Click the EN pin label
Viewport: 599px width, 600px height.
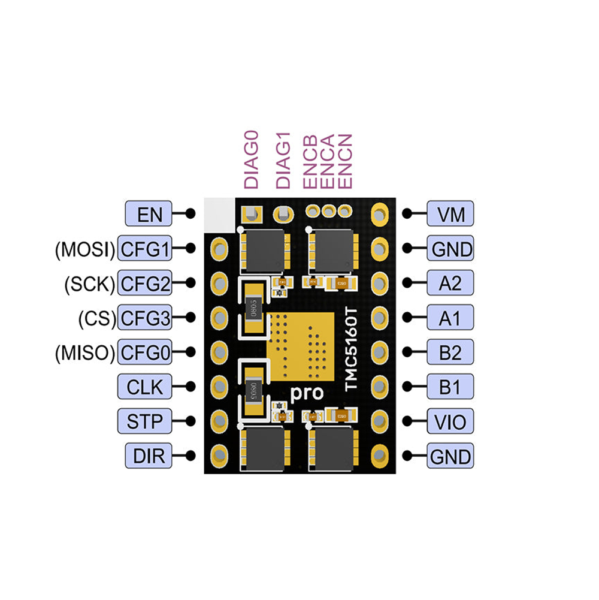(x=149, y=213)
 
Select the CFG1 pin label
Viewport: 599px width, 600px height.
(x=145, y=248)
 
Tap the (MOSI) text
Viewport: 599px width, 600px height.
(x=84, y=248)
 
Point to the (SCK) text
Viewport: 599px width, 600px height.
(x=89, y=283)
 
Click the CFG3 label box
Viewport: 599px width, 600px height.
(x=145, y=318)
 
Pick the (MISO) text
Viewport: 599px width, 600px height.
(x=84, y=352)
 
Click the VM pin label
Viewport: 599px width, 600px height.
(x=450, y=213)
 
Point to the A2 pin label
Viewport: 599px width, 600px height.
(x=450, y=283)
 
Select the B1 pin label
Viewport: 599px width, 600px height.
(x=450, y=387)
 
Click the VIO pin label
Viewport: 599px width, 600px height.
(x=450, y=421)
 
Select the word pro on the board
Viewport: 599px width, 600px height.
(x=307, y=394)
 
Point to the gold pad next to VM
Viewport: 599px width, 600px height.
(x=379, y=213)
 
